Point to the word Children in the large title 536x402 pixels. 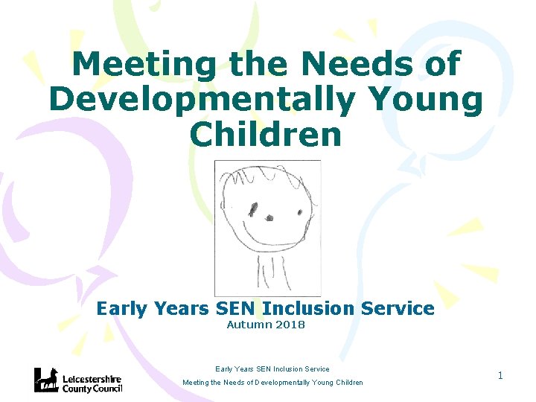tap(266, 134)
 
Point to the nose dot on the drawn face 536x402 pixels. tap(269, 218)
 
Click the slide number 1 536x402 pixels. tap(500, 375)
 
